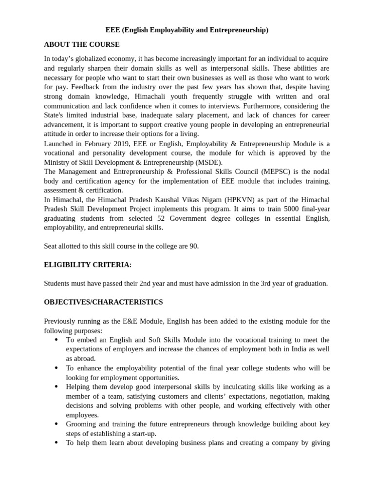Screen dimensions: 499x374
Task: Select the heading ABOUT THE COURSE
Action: pyautogui.click(x=81, y=44)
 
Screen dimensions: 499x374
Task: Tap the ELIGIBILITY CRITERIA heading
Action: pyautogui.click(x=88, y=265)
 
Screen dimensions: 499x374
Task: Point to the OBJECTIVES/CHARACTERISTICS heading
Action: pyautogui.click(x=103, y=302)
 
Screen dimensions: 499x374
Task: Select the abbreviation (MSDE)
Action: pyautogui.click(x=208, y=162)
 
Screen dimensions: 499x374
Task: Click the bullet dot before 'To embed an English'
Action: pyautogui.click(x=56, y=340)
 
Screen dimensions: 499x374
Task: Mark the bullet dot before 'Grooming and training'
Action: pyautogui.click(x=56, y=424)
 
